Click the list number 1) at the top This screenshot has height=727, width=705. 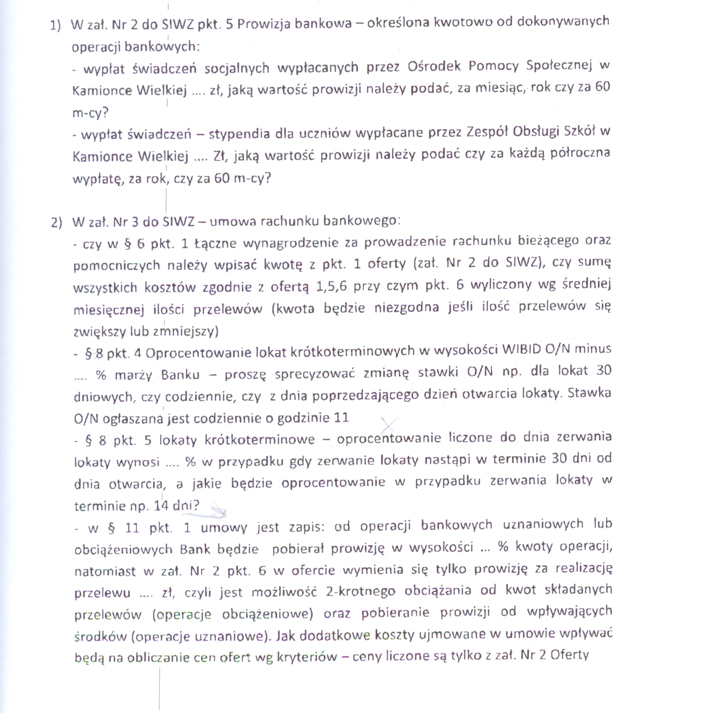tap(55, 26)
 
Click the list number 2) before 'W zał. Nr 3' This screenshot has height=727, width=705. tap(57, 223)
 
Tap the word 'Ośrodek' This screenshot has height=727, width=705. tap(434, 66)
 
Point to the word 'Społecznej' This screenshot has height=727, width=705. tap(559, 66)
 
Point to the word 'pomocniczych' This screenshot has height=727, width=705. tap(117, 265)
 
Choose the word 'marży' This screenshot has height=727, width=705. tap(133, 375)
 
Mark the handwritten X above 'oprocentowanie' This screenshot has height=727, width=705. tap(390, 423)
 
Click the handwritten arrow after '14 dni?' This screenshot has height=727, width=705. tap(217, 509)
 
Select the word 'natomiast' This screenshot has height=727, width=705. tap(105, 572)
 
